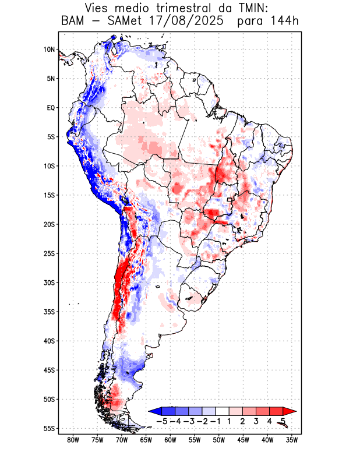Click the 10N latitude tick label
[49, 50]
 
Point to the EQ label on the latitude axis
[51, 108]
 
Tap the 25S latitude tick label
[49, 253]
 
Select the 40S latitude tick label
[49, 341]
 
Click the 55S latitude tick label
[49, 428]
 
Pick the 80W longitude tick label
[73, 440]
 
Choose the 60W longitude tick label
[170, 440]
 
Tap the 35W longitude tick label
[291, 440]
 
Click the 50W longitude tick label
[218, 440]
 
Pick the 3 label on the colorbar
[256, 421]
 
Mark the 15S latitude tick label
[49, 195]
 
